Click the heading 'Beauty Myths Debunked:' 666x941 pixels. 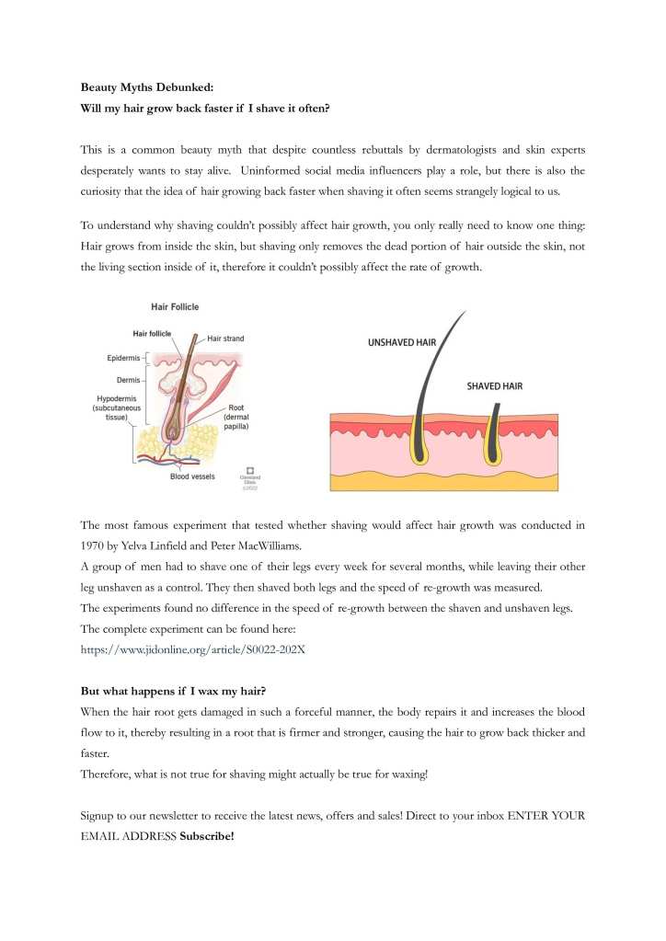146,87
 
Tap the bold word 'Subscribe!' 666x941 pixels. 207,836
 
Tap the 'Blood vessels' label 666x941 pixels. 192,476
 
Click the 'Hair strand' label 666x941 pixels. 225,339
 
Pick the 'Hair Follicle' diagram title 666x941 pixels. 175,306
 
